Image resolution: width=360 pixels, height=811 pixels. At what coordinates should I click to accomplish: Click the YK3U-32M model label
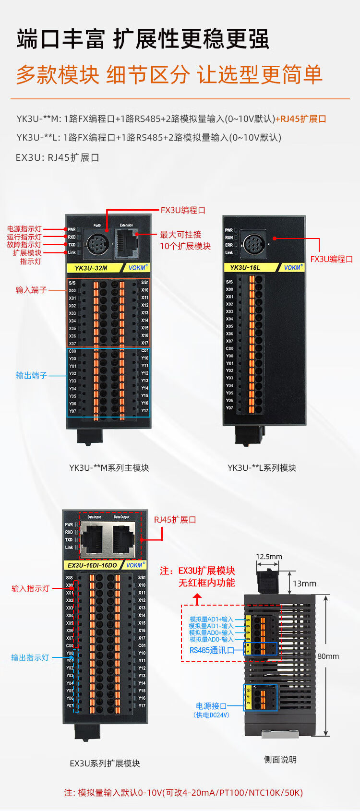coord(91,268)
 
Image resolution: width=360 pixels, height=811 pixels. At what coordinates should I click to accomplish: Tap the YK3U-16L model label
coord(245,267)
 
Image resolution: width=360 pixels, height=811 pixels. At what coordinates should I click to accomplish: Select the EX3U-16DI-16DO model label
coord(92,565)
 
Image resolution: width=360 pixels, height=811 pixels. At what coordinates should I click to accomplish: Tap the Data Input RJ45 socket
coord(95,539)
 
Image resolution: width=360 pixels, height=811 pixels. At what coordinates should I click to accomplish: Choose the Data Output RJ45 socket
coord(123,539)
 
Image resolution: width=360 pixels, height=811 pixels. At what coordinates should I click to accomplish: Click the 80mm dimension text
coord(328,656)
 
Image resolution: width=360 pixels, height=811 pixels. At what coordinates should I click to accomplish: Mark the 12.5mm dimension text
coord(269,557)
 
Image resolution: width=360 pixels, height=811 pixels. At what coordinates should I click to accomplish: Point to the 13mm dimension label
coord(304,584)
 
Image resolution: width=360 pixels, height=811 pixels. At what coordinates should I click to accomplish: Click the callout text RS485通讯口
coord(212,650)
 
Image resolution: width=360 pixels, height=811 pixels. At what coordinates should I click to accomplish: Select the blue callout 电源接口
coord(211,706)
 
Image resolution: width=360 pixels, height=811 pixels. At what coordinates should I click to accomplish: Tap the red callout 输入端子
coord(31,290)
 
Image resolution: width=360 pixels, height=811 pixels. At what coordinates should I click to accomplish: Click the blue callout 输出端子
coord(31,375)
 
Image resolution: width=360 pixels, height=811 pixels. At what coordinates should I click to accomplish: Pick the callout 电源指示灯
coord(24,229)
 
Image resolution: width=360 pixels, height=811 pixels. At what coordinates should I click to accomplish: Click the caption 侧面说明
coord(280,760)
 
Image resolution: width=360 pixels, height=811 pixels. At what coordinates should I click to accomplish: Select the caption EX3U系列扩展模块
coord(105,763)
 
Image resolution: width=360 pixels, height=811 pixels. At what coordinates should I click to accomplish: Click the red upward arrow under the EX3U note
coord(197,599)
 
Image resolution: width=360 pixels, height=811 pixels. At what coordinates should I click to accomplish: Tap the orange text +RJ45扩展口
coord(301,119)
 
